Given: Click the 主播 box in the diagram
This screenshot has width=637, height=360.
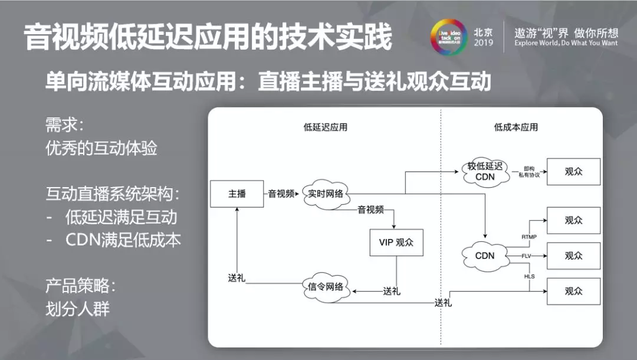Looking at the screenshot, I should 237,194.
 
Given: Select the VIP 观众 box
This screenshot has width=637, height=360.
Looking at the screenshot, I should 396,242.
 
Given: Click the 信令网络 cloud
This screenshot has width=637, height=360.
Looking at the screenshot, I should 325,287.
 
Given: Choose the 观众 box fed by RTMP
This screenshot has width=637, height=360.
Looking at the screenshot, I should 573,220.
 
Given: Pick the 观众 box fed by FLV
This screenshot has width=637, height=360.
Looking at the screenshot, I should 573,256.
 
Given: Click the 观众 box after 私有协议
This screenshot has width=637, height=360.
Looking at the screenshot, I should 573,172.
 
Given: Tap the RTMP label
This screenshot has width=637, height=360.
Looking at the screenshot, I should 529,236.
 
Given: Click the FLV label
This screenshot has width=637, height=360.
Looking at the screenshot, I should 527,256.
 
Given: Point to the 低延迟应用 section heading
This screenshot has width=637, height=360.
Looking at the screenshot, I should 326,127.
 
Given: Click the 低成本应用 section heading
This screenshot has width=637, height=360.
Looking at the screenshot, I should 515,127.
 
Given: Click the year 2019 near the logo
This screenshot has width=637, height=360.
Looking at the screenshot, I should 483,44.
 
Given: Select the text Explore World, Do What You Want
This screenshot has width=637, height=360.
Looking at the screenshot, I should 566,44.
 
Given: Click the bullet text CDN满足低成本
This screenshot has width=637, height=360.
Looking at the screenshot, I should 123,240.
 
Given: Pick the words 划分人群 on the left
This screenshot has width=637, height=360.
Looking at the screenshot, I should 77,309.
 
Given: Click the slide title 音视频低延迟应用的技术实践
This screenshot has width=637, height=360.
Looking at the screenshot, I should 208,38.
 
